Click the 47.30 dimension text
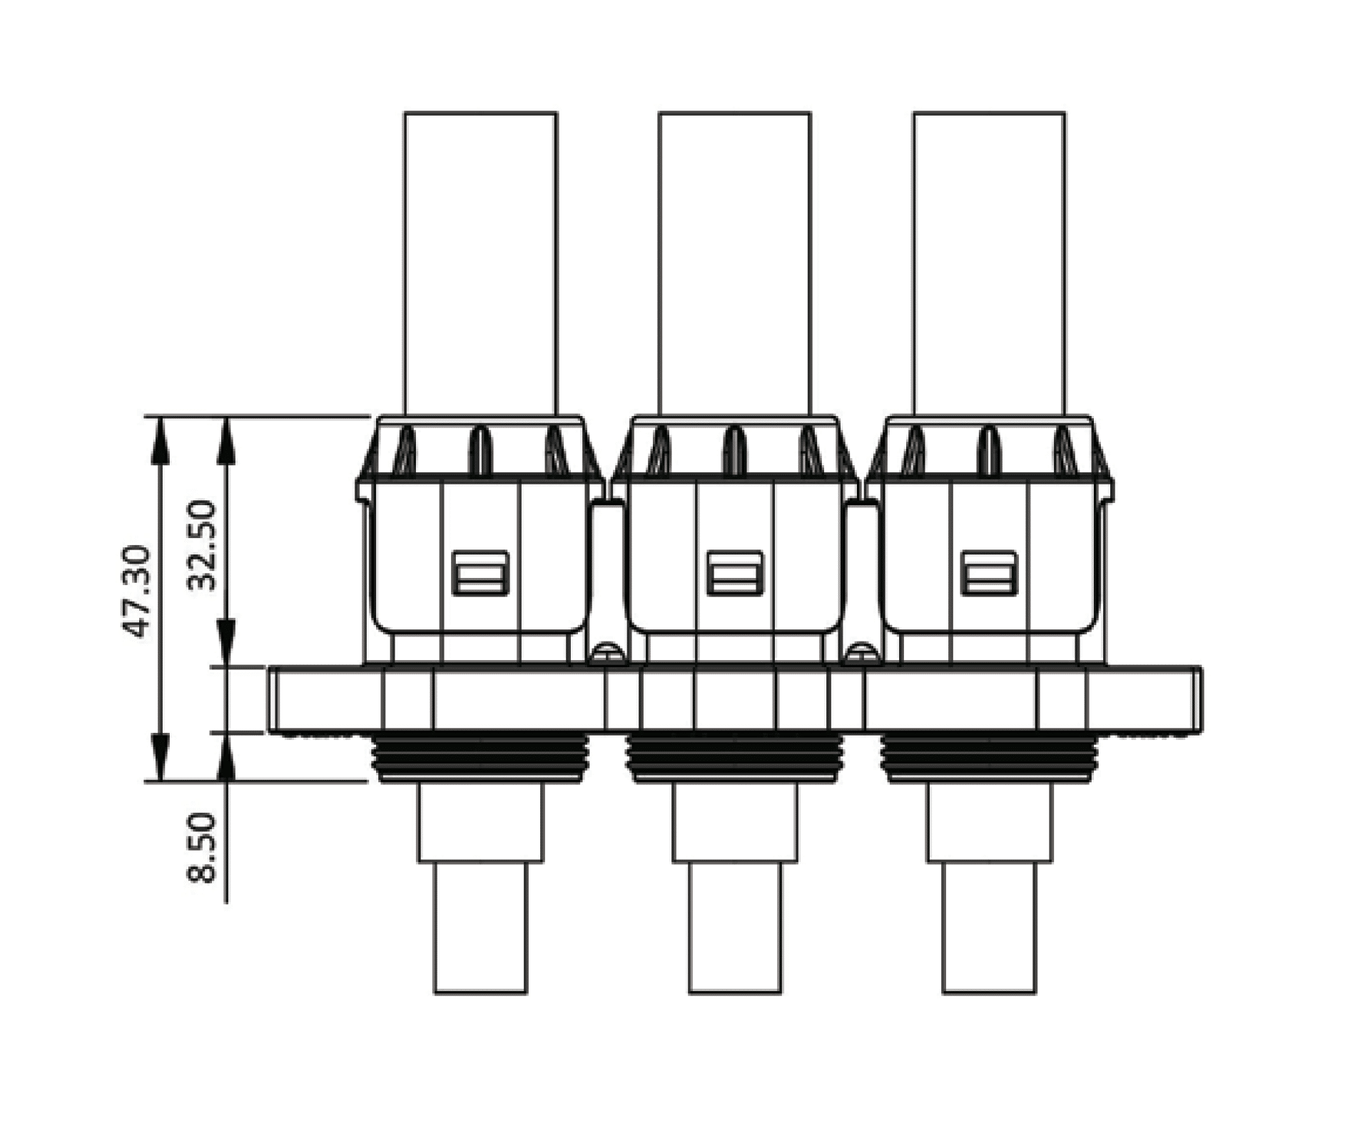[x=135, y=592]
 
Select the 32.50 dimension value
[x=201, y=546]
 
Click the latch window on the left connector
[x=480, y=573]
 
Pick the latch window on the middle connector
[x=734, y=573]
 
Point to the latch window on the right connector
[x=988, y=573]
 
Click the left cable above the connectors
[x=480, y=263]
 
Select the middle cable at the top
[x=734, y=263]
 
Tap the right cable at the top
[x=989, y=263]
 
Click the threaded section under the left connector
[x=480, y=757]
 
